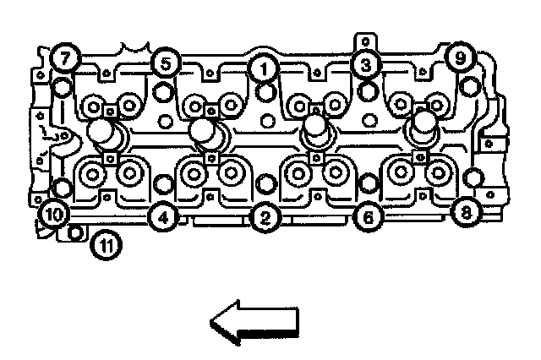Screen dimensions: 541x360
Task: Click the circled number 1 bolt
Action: [x=265, y=67]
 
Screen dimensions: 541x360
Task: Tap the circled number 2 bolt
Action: [x=265, y=219]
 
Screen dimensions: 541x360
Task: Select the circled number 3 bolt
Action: [x=365, y=64]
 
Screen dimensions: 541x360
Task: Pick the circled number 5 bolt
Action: [x=165, y=62]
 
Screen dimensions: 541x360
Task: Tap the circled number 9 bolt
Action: [x=460, y=58]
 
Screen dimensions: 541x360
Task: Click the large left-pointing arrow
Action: [x=254, y=322]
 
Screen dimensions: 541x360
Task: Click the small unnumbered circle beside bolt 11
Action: [x=76, y=234]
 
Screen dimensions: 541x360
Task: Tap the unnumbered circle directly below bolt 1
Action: [x=265, y=91]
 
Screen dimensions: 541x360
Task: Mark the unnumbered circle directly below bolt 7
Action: [x=62, y=86]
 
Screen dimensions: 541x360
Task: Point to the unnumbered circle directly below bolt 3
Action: [x=366, y=89]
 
